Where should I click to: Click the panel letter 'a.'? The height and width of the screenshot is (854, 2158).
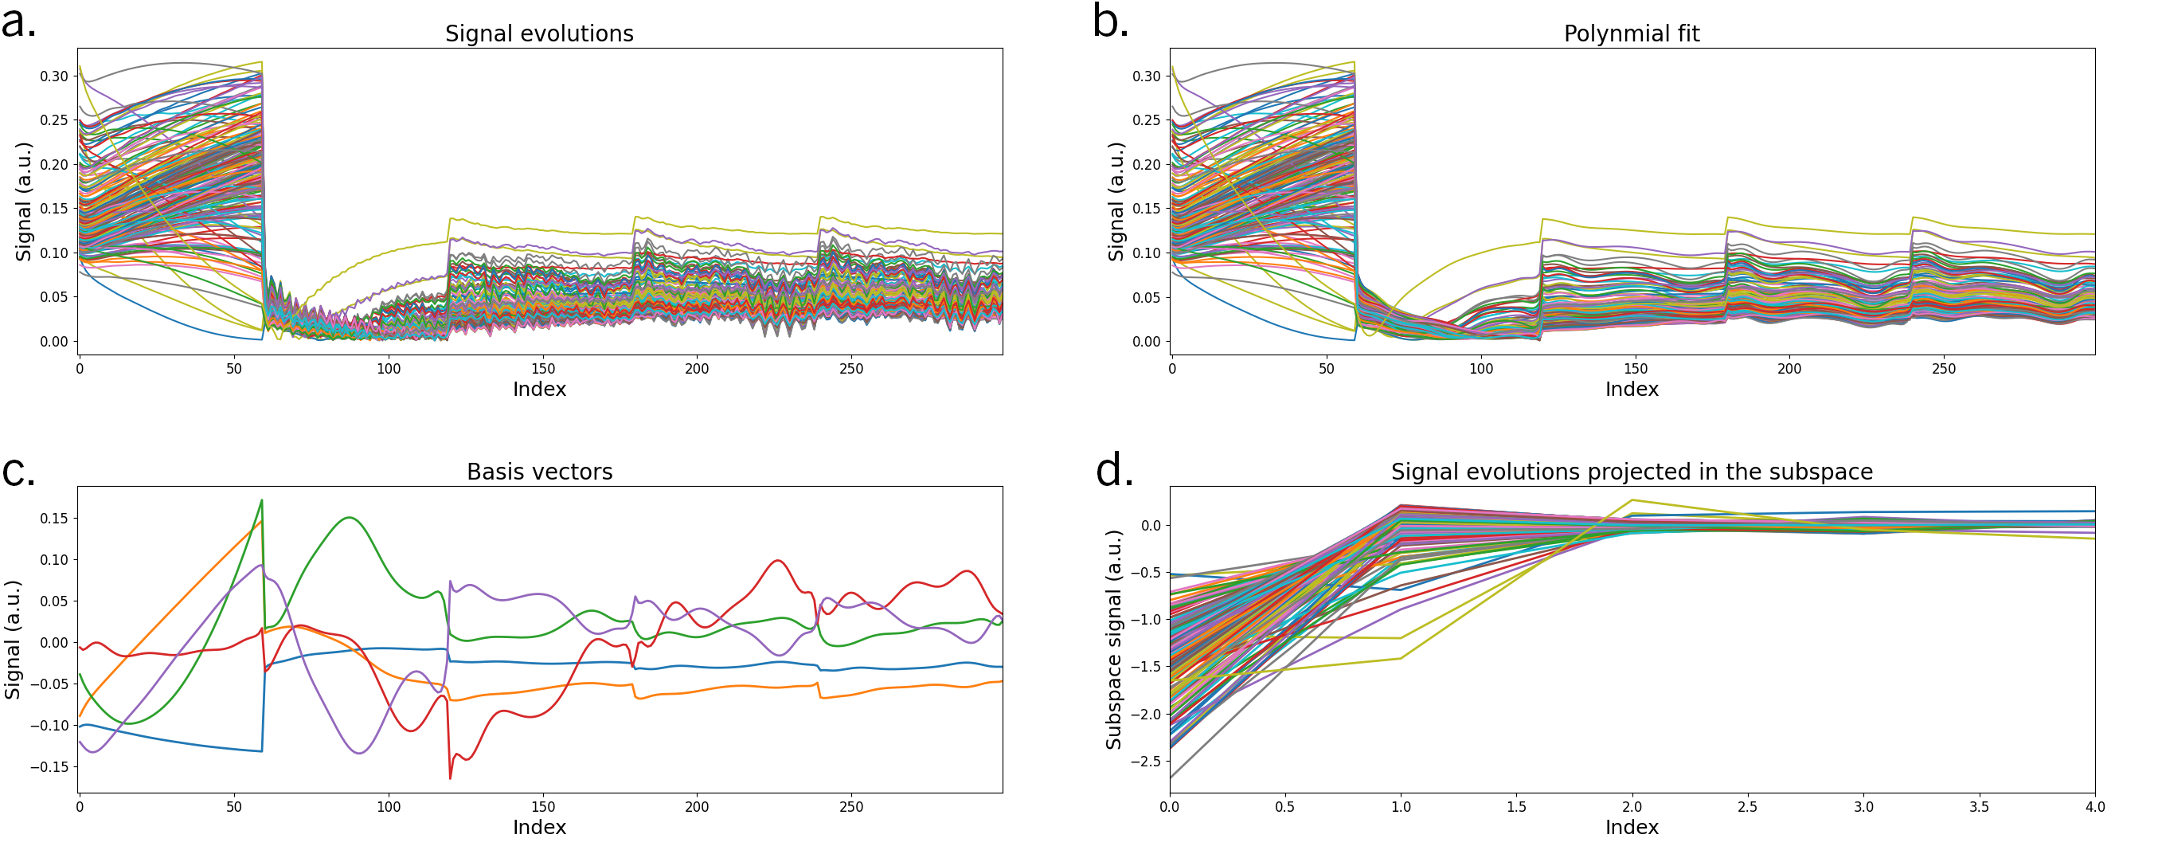tap(18, 22)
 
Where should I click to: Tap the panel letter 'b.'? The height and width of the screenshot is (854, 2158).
tap(1111, 22)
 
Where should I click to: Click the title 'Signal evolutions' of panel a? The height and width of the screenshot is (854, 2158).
tap(540, 33)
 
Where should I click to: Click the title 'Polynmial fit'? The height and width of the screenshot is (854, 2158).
tap(1631, 33)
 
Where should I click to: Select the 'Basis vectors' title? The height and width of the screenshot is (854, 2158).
tap(540, 472)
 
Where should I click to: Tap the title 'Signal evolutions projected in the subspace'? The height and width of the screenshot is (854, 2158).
tap(1631, 472)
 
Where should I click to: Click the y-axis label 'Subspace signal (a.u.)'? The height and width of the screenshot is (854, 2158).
tap(1113, 640)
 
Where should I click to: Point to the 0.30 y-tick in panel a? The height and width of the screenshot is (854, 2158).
tap(53, 76)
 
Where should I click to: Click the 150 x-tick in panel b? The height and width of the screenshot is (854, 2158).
tap(1636, 368)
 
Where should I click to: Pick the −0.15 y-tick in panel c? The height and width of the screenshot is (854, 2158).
tap(49, 767)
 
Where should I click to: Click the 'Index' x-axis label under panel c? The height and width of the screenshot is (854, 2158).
tap(540, 827)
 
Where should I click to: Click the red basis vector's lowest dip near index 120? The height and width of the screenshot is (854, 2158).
tap(450, 778)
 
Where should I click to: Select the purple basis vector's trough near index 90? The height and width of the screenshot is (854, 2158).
tap(359, 753)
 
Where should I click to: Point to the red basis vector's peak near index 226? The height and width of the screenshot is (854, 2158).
tap(777, 561)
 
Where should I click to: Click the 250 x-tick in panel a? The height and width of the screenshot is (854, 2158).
tap(851, 368)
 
